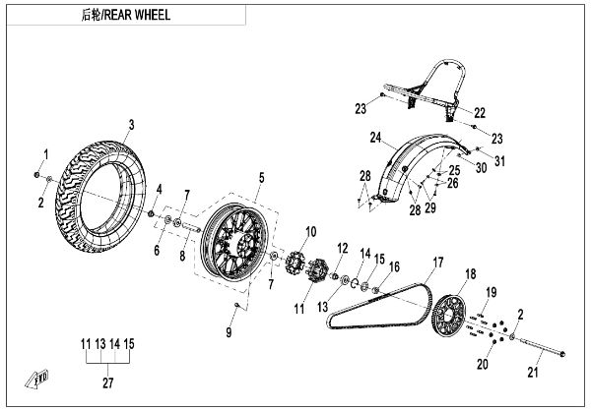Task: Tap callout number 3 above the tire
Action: point(130,125)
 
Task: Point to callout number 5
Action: point(261,177)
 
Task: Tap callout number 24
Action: point(376,136)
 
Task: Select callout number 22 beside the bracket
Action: point(480,111)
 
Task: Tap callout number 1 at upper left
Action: point(43,154)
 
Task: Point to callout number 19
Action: point(492,292)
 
